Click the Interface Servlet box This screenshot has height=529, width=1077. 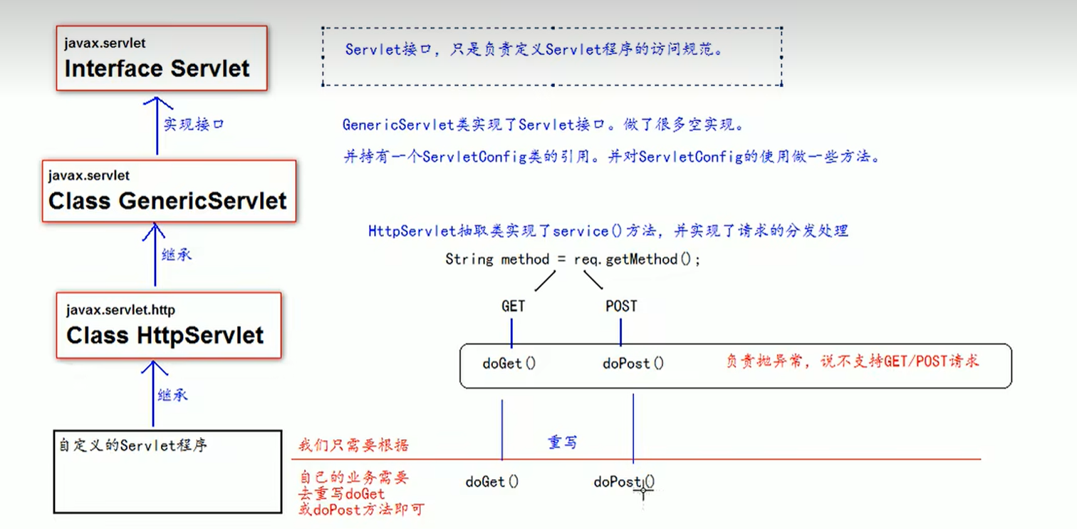(x=162, y=58)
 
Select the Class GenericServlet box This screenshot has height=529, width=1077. (x=169, y=191)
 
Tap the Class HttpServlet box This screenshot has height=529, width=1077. (x=169, y=326)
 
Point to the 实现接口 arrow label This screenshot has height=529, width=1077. (x=194, y=124)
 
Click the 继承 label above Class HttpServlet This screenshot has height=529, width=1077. (x=177, y=254)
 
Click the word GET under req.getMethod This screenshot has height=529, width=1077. (x=513, y=306)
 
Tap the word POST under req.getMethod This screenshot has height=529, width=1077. (x=621, y=306)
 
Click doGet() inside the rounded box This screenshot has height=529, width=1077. (x=509, y=363)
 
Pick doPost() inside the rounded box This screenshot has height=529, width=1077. (x=633, y=363)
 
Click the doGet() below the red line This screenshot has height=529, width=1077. (x=492, y=482)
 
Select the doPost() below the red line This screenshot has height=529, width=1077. (x=623, y=482)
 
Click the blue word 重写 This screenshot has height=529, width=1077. (x=562, y=443)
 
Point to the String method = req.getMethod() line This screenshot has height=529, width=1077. (x=573, y=260)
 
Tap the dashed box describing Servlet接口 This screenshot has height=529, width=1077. (x=552, y=56)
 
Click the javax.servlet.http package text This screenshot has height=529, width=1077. (x=120, y=310)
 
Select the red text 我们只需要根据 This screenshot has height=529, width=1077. (x=353, y=446)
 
